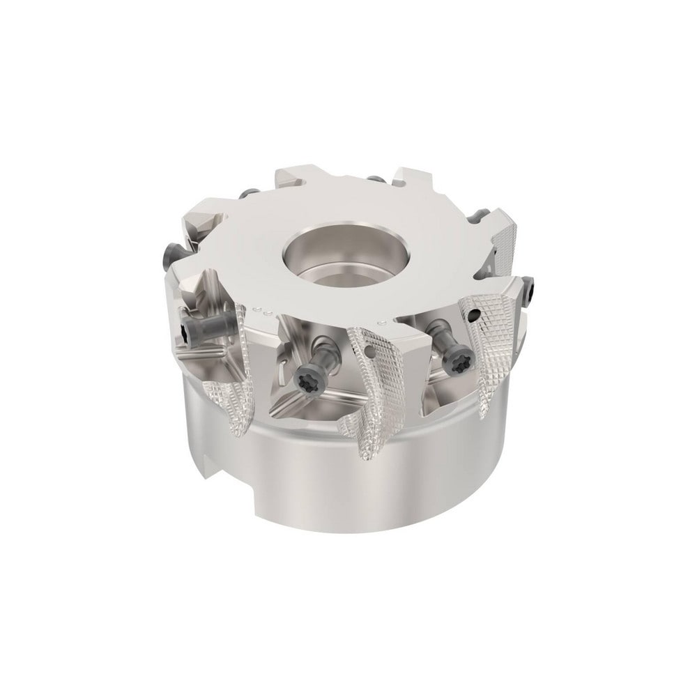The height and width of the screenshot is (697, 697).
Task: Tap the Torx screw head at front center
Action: (x=305, y=382)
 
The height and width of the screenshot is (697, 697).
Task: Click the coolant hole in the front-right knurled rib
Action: (x=475, y=315)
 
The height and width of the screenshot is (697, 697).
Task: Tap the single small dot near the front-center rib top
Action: (x=383, y=323)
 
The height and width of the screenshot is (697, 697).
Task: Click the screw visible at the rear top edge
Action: (x=376, y=180)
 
